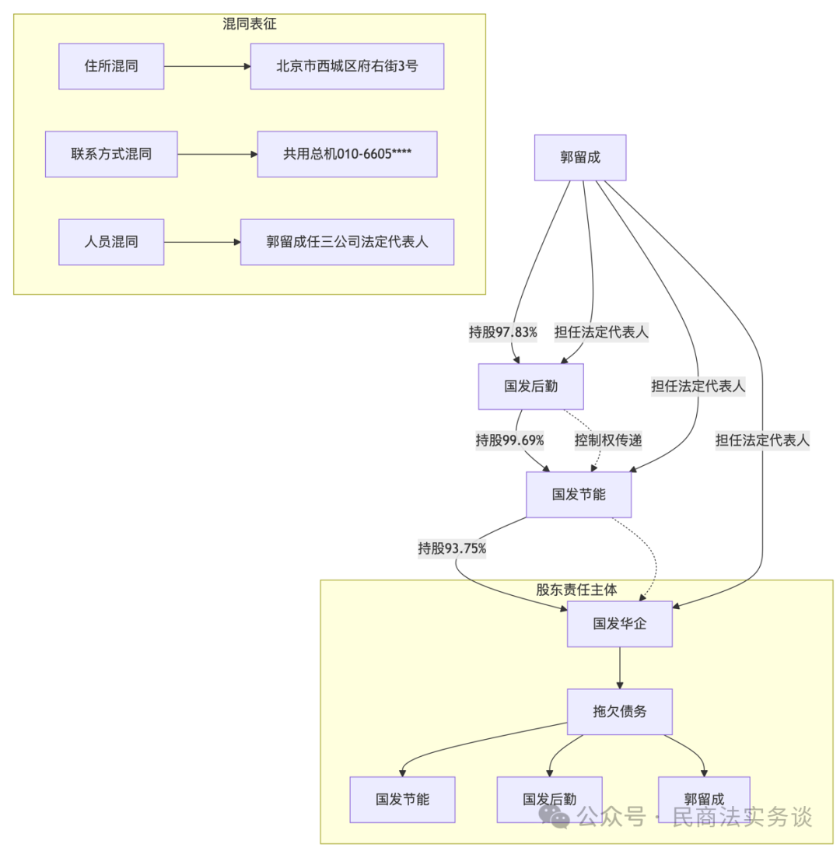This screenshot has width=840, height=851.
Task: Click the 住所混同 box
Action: tap(111, 66)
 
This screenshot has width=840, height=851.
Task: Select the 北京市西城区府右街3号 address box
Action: tap(347, 66)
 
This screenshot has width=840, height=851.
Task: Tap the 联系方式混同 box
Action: tap(111, 154)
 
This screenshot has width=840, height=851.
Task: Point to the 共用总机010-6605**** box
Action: tap(347, 154)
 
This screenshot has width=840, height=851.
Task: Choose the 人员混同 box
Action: tap(111, 242)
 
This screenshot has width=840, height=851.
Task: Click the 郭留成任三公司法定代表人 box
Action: tap(347, 242)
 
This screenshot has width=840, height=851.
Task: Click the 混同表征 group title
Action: tap(249, 24)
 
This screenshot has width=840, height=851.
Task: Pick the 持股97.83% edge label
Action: tap(502, 332)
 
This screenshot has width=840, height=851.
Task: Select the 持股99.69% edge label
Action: tap(509, 440)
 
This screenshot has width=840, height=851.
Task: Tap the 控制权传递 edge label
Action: tap(608, 440)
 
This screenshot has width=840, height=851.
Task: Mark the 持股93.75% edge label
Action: tap(452, 548)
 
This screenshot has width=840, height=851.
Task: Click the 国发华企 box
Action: tap(619, 623)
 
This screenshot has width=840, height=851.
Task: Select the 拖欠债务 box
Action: tap(619, 711)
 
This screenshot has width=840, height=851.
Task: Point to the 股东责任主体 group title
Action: tap(576, 590)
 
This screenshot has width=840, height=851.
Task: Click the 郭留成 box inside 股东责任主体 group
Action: tap(704, 799)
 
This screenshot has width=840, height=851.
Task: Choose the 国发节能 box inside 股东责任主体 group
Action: tap(402, 799)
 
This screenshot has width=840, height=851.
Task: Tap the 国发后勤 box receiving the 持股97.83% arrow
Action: tap(530, 386)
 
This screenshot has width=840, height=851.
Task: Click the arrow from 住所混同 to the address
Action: tap(207, 66)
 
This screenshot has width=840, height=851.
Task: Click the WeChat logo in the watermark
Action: tap(555, 816)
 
